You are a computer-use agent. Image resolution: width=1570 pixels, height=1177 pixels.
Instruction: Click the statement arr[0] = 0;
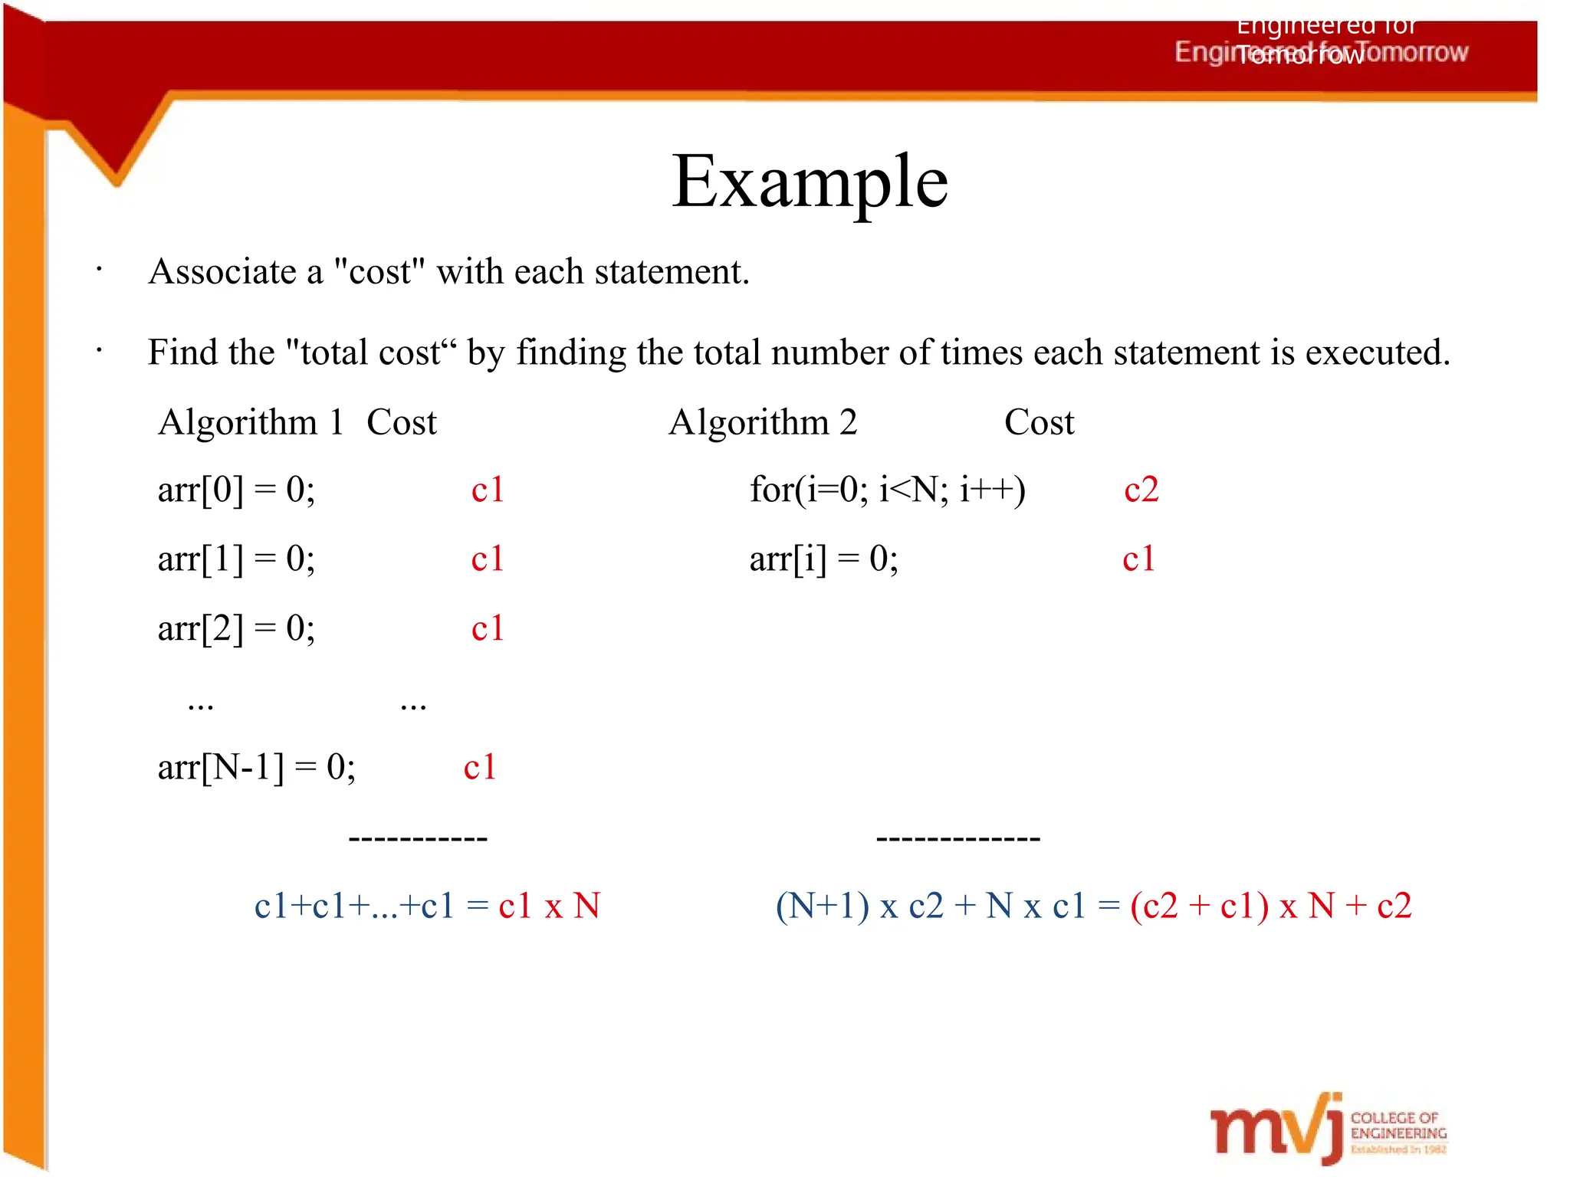coord(236,490)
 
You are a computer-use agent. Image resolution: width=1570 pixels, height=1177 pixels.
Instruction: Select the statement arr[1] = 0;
coord(236,559)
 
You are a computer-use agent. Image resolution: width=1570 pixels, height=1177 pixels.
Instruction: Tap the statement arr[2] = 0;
coord(236,628)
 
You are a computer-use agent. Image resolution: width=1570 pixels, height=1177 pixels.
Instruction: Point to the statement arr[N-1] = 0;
coord(256,767)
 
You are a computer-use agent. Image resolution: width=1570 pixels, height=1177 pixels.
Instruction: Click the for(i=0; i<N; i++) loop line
coord(887,490)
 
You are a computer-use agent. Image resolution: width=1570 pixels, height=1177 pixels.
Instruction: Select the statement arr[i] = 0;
coord(823,559)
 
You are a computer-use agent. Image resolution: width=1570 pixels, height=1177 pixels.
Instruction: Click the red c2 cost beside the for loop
coord(1141,490)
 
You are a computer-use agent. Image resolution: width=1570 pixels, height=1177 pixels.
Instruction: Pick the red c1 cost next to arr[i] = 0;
coord(1138,559)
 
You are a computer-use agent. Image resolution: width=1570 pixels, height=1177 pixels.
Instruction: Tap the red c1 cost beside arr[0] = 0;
coord(488,490)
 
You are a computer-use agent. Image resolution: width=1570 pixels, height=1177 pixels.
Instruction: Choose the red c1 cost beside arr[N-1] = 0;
coord(480,767)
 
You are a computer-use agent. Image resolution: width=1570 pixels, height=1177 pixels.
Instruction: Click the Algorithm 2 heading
coord(763,422)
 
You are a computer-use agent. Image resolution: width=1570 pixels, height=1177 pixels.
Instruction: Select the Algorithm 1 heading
coord(250,422)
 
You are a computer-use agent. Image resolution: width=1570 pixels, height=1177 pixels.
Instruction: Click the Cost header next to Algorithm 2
coord(1039,422)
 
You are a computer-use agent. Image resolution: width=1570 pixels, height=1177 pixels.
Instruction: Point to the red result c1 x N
coord(549,906)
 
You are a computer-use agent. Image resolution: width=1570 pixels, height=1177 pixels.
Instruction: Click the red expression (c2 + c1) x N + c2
coord(1270,906)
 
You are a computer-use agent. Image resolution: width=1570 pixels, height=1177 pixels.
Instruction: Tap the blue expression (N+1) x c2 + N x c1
coord(931,906)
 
